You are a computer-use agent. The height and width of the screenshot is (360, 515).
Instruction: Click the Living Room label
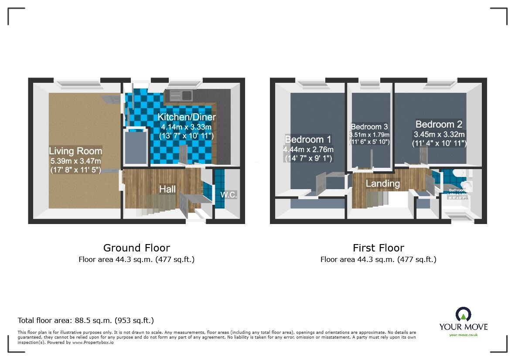tap(75, 151)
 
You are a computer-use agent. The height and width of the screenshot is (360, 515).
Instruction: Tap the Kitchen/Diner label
tap(187, 117)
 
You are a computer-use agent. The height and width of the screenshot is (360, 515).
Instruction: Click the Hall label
tap(167, 189)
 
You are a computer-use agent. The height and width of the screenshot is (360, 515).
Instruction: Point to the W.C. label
tap(229, 195)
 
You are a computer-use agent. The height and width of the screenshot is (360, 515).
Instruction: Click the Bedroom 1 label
tap(308, 139)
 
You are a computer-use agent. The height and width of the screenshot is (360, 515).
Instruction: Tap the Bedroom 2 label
tap(439, 124)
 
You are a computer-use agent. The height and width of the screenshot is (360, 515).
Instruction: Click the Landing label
tap(382, 183)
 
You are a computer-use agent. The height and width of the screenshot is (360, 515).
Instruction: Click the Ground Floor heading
tap(136, 248)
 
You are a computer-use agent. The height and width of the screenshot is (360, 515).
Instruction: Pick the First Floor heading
tap(378, 248)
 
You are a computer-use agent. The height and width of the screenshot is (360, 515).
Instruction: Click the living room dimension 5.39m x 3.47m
tap(75, 161)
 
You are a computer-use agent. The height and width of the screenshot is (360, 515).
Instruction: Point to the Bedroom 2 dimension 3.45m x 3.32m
tap(439, 134)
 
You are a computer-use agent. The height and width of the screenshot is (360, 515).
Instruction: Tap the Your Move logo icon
tap(463, 314)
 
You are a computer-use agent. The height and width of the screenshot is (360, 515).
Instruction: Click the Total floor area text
tap(85, 320)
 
